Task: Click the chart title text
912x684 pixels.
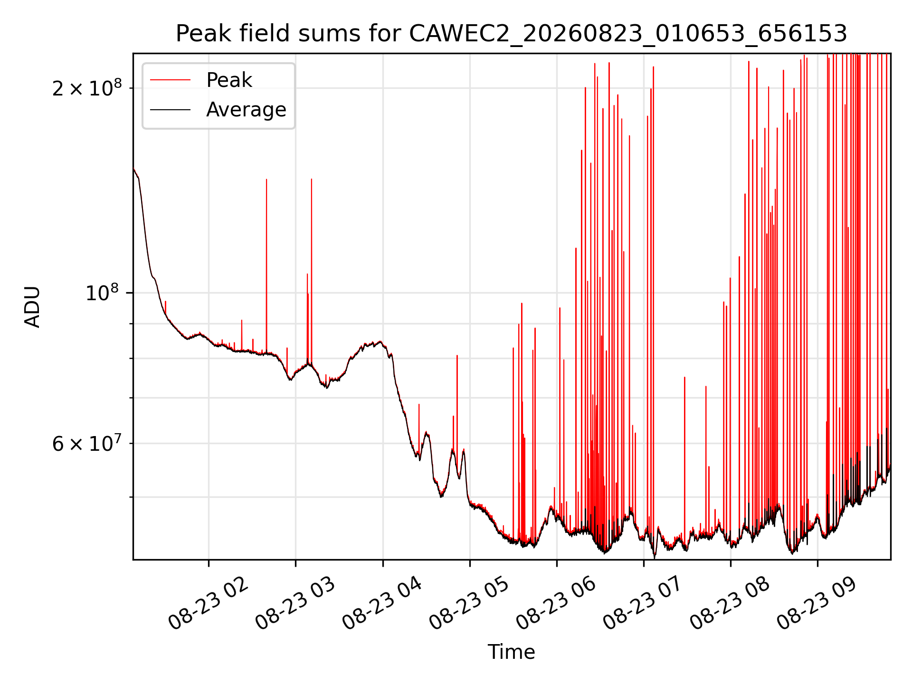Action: point(512,34)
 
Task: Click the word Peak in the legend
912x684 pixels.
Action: point(229,80)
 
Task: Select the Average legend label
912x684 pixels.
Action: point(246,110)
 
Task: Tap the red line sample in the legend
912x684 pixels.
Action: point(170,80)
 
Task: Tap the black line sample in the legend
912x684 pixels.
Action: point(170,110)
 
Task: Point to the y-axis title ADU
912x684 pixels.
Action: point(32,307)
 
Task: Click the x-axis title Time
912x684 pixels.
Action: point(512,652)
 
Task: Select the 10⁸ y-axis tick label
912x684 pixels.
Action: point(102,292)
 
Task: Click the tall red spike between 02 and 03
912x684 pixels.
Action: point(266,266)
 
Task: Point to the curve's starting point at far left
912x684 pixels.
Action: point(134,169)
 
